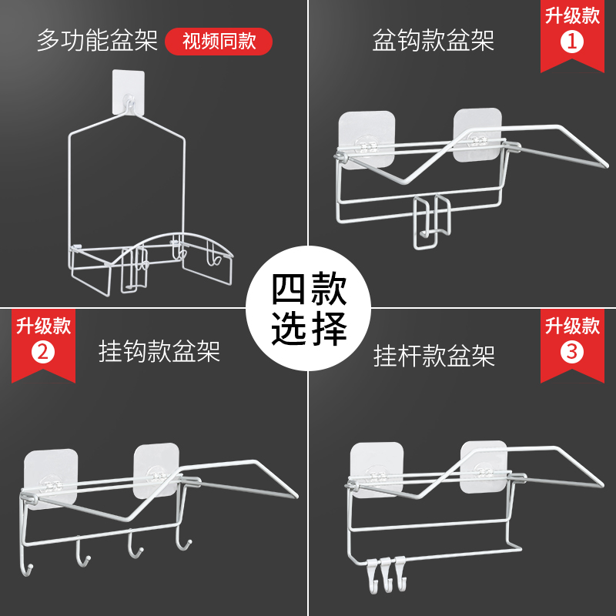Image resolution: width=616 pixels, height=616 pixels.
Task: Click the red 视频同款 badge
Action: [x=219, y=40]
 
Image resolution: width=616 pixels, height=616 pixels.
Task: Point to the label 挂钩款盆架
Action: [x=159, y=351]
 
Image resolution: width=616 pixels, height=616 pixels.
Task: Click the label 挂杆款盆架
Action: [x=434, y=354]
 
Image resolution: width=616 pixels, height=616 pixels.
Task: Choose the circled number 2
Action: [x=43, y=353]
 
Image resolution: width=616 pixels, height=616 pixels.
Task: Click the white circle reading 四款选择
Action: [x=309, y=307]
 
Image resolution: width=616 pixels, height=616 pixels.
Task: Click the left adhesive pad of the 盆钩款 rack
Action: [x=367, y=139]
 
